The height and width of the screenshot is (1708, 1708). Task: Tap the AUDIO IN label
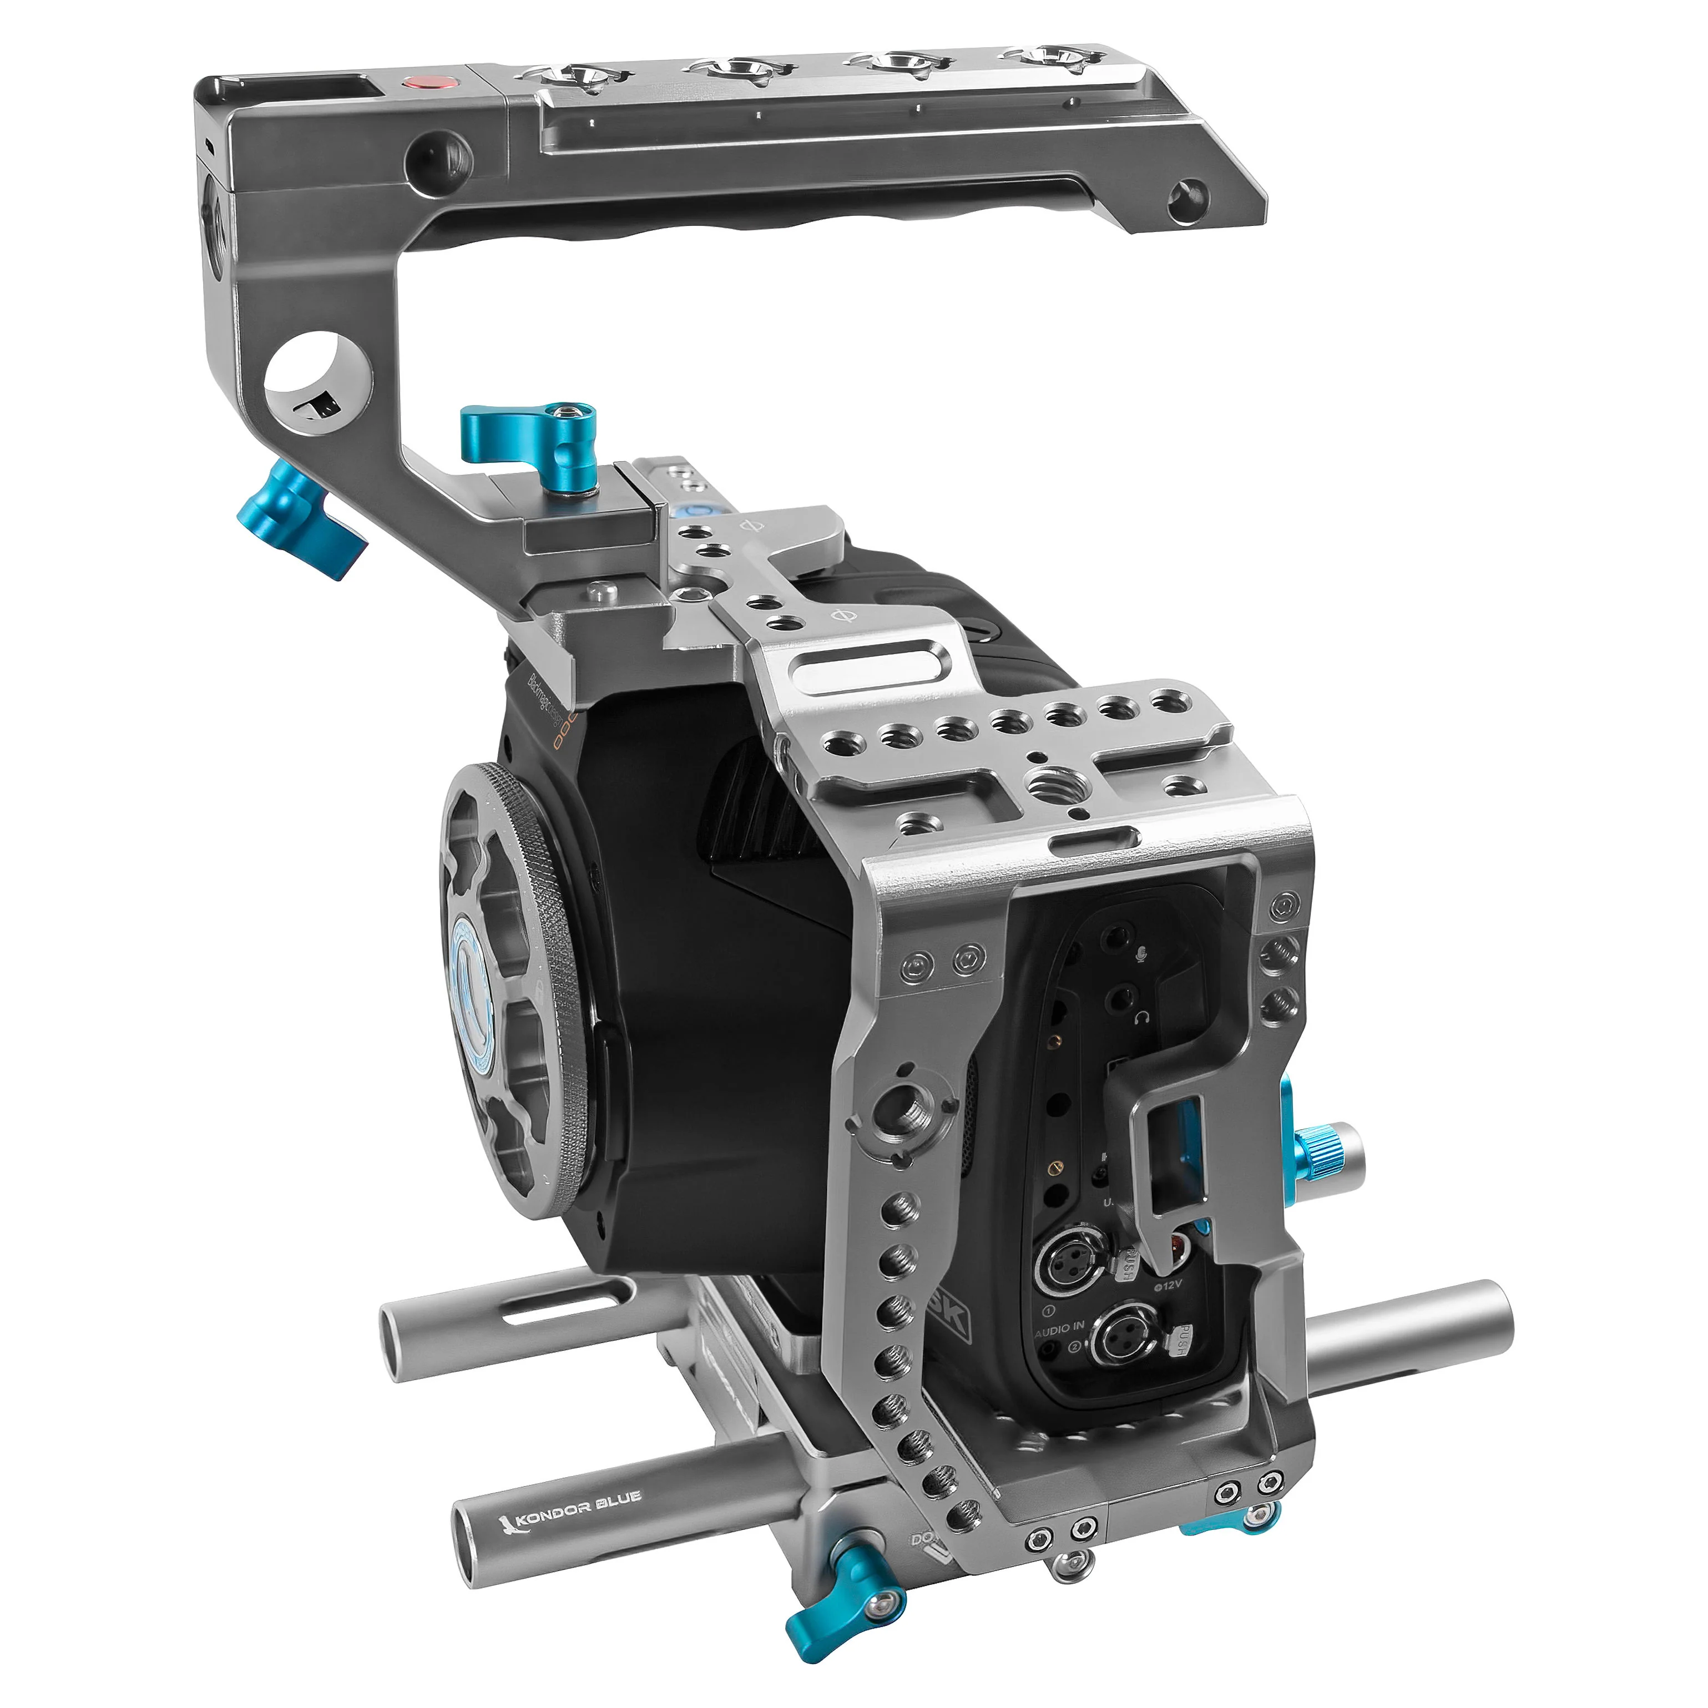click(x=1059, y=1330)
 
